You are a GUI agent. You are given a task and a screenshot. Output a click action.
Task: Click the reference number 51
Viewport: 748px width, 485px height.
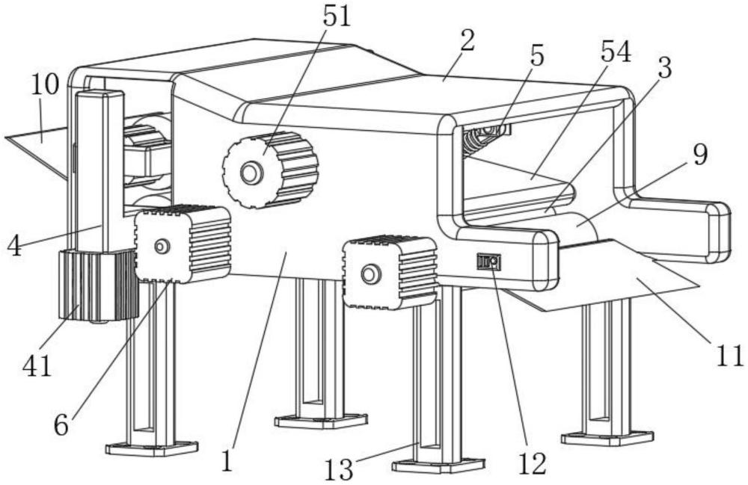[337, 16]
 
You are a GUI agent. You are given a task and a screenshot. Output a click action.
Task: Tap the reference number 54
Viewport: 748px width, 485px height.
[616, 52]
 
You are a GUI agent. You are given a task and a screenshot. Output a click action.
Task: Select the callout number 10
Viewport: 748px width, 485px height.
[45, 85]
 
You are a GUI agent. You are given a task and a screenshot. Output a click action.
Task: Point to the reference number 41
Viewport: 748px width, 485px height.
[37, 366]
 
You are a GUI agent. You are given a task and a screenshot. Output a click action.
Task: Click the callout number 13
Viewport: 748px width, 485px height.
[340, 469]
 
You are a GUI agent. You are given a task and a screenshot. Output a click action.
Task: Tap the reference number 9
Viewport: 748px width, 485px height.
[700, 155]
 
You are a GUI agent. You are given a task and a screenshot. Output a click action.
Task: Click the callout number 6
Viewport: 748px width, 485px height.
[61, 425]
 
